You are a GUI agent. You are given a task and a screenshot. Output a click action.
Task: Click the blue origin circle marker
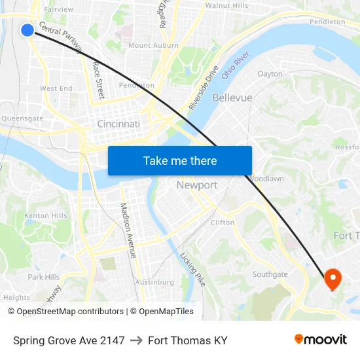(x=27, y=30)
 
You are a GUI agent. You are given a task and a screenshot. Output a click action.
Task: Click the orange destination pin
(x=333, y=279)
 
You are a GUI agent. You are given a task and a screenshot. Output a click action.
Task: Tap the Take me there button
(x=180, y=160)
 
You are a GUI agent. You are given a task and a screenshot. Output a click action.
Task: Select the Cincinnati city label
(x=118, y=124)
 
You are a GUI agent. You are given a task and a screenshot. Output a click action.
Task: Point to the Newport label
(x=197, y=185)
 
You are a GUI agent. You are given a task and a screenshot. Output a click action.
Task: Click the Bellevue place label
(x=232, y=98)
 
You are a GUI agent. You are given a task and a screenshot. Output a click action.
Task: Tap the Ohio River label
(x=236, y=65)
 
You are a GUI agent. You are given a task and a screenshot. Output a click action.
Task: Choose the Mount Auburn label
(x=153, y=45)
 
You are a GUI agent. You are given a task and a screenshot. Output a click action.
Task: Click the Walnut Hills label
(x=226, y=5)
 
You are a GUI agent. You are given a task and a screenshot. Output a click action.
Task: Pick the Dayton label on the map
(x=270, y=74)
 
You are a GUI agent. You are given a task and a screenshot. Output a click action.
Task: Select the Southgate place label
(x=270, y=274)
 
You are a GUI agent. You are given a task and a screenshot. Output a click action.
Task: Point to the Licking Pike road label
(x=192, y=268)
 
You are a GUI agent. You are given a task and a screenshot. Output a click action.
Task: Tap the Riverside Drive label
(x=203, y=87)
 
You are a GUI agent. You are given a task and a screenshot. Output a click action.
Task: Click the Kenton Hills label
(x=45, y=215)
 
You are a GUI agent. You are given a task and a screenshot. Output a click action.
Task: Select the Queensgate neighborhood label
(x=22, y=118)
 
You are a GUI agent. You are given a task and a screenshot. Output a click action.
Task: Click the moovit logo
(x=320, y=340)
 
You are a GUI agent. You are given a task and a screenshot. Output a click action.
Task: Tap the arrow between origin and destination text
(x=136, y=340)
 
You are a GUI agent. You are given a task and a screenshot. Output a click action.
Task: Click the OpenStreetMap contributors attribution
(x=70, y=312)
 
